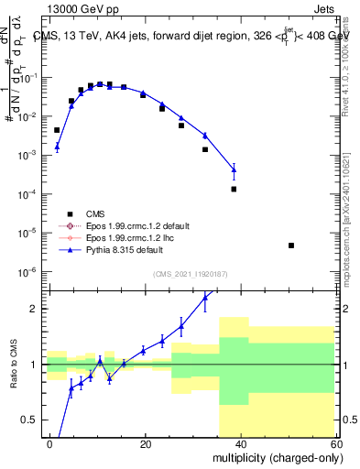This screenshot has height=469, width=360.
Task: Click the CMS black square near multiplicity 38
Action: pyautogui.click(x=234, y=190)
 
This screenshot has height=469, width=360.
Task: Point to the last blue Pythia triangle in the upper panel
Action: pyautogui.click(x=234, y=169)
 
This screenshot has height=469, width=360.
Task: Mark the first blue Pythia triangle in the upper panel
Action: pyautogui.click(x=57, y=146)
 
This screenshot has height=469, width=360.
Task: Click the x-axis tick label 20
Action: pyautogui.click(x=145, y=443)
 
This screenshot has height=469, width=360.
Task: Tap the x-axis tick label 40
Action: pyautogui.click(x=239, y=443)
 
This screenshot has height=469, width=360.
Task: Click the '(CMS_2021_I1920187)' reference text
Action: pyautogui.click(x=191, y=274)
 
